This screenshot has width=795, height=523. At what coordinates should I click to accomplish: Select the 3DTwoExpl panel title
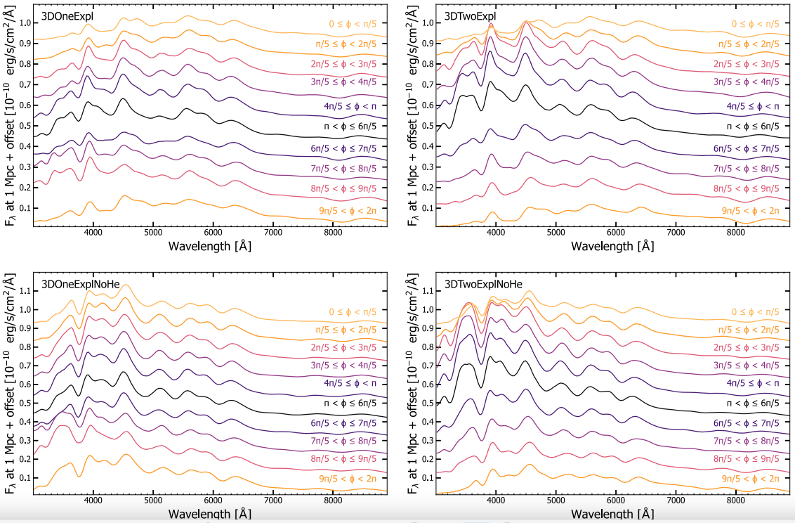pos(467,15)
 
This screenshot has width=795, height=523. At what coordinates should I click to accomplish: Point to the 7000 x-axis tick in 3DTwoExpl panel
pos(676,232)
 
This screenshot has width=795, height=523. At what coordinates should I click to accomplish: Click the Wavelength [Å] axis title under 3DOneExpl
pos(210,246)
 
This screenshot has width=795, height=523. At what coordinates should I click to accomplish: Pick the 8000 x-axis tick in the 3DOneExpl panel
pos(334,232)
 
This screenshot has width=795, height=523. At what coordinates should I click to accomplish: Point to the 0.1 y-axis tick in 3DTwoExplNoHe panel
pos(426,478)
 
